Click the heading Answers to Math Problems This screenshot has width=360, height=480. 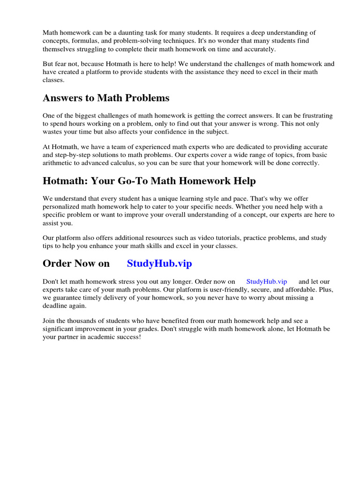click(106, 98)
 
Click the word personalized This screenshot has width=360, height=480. click(63, 206)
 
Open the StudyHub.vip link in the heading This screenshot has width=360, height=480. click(159, 263)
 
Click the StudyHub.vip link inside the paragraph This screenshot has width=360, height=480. click(266, 281)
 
